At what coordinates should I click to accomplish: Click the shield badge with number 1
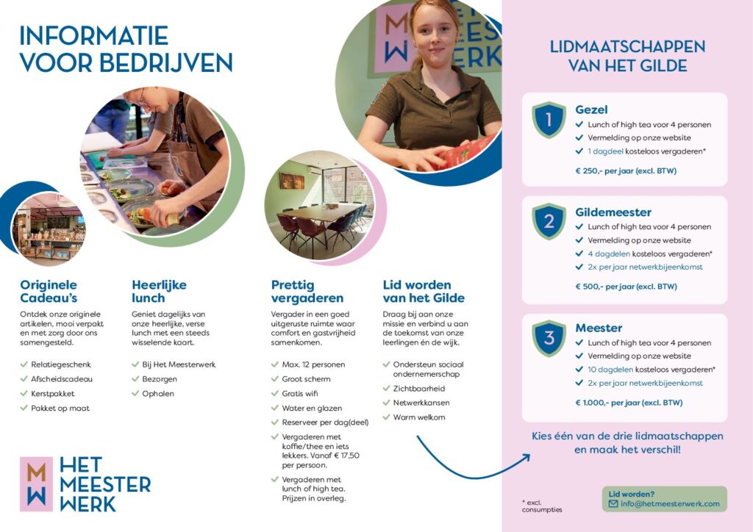549,120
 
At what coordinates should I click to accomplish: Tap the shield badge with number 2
549,221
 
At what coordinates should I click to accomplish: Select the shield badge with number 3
549,338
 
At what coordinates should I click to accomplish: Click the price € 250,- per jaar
626,170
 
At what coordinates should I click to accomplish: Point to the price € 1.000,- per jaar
629,403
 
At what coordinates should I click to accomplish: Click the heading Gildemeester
613,212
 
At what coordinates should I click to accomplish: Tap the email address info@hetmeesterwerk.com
670,503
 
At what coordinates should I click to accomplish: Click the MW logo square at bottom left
37,484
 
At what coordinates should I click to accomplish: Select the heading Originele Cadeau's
49,291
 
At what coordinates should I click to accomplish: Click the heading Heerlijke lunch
159,291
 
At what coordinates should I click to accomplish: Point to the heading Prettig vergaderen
307,291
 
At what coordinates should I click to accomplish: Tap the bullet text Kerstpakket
53,393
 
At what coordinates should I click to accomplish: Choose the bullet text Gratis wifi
300,393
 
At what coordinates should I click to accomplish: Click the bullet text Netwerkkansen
421,403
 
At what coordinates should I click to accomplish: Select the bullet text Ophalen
158,393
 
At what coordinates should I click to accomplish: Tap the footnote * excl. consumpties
542,506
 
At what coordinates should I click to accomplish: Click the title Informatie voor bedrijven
126,49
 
